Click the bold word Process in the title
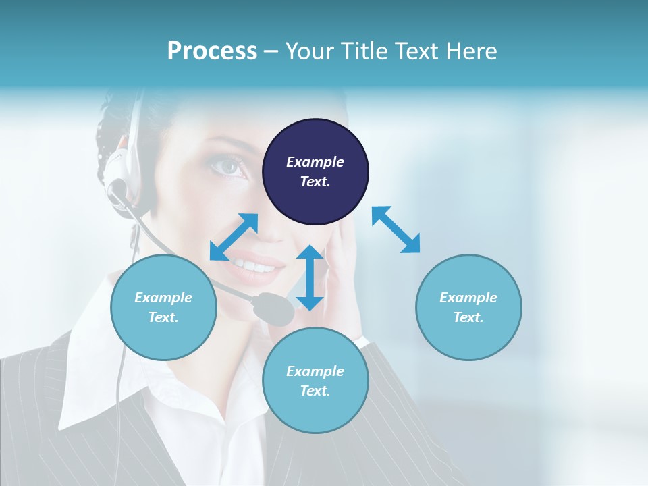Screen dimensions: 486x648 coord(212,51)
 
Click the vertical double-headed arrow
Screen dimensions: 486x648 coord(310,277)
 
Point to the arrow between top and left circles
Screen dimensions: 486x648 coord(234,237)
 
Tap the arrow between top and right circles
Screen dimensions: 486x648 coord(396,230)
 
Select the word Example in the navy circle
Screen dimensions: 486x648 coord(315,162)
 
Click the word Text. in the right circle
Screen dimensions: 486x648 coord(468,317)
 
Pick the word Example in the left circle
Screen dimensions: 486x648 coord(163,298)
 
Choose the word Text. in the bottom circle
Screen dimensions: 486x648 coord(315,391)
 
